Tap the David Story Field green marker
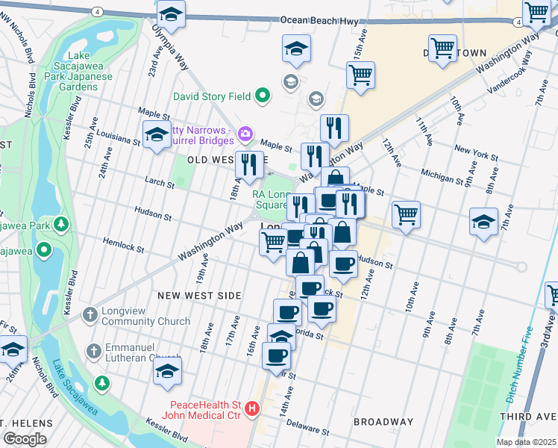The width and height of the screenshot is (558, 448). pyautogui.click(x=263, y=96)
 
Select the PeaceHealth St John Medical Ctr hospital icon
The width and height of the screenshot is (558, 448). pyautogui.click(x=252, y=409)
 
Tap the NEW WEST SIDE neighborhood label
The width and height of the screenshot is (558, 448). pyautogui.click(x=199, y=296)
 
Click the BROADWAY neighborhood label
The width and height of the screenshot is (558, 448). pyautogui.click(x=383, y=422)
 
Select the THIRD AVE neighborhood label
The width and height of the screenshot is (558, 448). pyautogui.click(x=528, y=416)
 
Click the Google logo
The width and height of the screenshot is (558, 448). pyautogui.click(x=25, y=439)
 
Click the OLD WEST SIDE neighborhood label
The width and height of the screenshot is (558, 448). pyautogui.click(x=217, y=160)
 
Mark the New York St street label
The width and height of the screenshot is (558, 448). pyautogui.click(x=475, y=153)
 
